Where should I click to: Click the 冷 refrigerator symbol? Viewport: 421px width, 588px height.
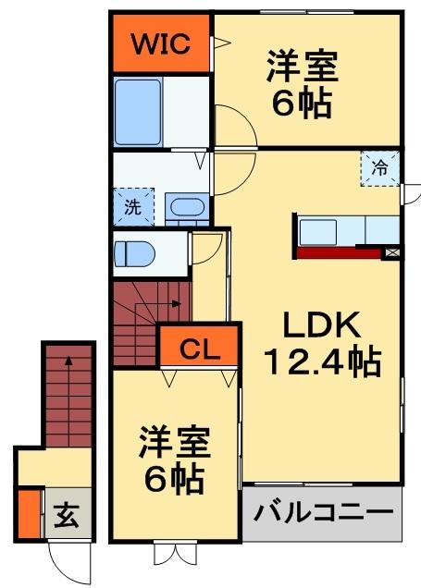(x=379, y=168)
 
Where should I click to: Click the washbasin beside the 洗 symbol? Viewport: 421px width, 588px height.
(x=188, y=206)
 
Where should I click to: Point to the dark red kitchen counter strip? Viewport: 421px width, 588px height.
(x=341, y=251)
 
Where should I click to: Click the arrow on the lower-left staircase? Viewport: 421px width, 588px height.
(x=68, y=365)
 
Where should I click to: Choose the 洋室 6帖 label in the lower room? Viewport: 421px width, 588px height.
(x=173, y=459)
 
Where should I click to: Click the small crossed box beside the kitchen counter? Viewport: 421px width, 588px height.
(x=393, y=251)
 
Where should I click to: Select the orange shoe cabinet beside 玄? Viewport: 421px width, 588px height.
(x=29, y=514)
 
